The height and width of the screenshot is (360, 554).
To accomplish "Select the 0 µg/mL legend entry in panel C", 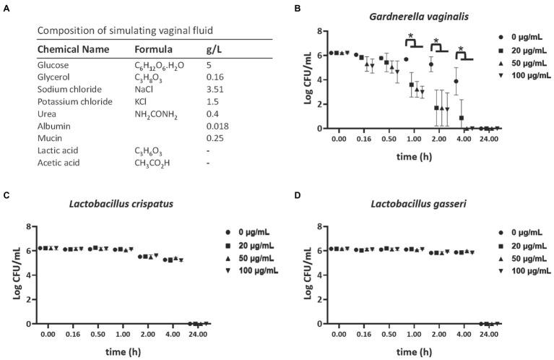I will coord(252,232).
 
